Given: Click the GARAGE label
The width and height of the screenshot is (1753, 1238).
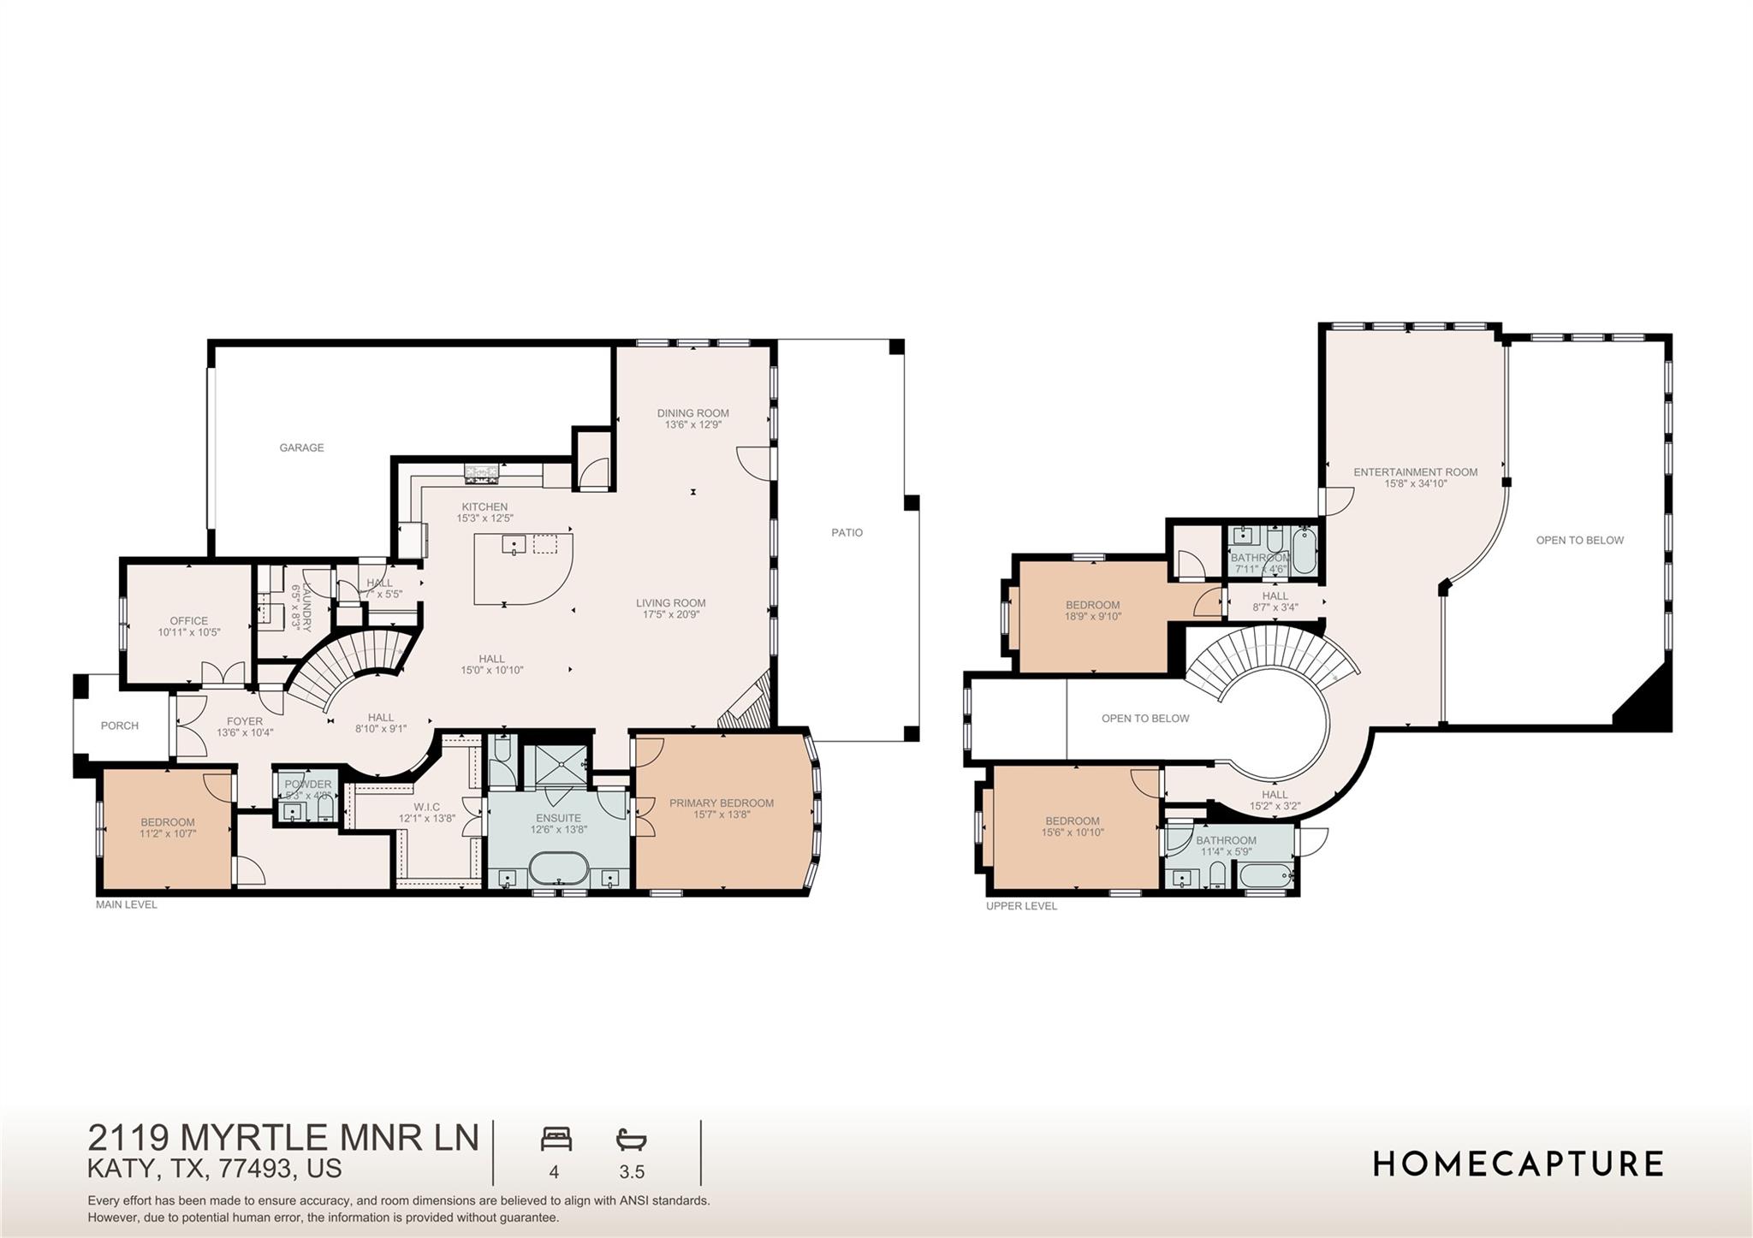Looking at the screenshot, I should point(301,447).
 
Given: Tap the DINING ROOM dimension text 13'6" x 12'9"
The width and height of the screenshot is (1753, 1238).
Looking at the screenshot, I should point(692,424).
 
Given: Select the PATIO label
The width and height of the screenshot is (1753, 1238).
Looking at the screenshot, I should point(847,532).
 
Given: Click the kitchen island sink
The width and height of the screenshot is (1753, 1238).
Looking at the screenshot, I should point(514,545).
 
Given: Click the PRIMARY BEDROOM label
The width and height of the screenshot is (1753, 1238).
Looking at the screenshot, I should point(721,803).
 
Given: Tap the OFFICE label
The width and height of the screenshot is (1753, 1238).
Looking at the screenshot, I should point(188,621).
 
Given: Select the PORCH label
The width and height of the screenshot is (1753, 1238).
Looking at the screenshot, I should point(119,726).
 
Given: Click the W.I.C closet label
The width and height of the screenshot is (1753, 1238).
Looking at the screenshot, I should point(425,807).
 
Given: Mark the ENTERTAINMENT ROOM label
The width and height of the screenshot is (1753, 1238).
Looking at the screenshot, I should point(1415,472).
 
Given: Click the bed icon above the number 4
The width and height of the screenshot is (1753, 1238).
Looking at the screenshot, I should point(556,1139).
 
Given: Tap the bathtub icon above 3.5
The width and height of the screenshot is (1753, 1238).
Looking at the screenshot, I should point(631,1139).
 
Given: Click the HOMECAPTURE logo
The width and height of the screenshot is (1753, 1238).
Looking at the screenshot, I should point(1518,1164).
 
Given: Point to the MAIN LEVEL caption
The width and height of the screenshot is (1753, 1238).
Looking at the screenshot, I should point(126,904).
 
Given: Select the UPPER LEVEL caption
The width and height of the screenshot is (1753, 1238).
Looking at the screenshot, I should point(1021,906).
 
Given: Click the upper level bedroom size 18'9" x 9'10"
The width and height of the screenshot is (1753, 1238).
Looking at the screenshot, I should point(1092,616).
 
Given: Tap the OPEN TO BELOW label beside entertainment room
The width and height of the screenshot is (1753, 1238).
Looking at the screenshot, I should point(1579,540).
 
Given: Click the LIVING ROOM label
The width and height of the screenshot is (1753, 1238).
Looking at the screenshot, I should point(670,602).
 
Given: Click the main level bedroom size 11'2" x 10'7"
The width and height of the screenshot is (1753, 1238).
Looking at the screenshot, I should point(168,833).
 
